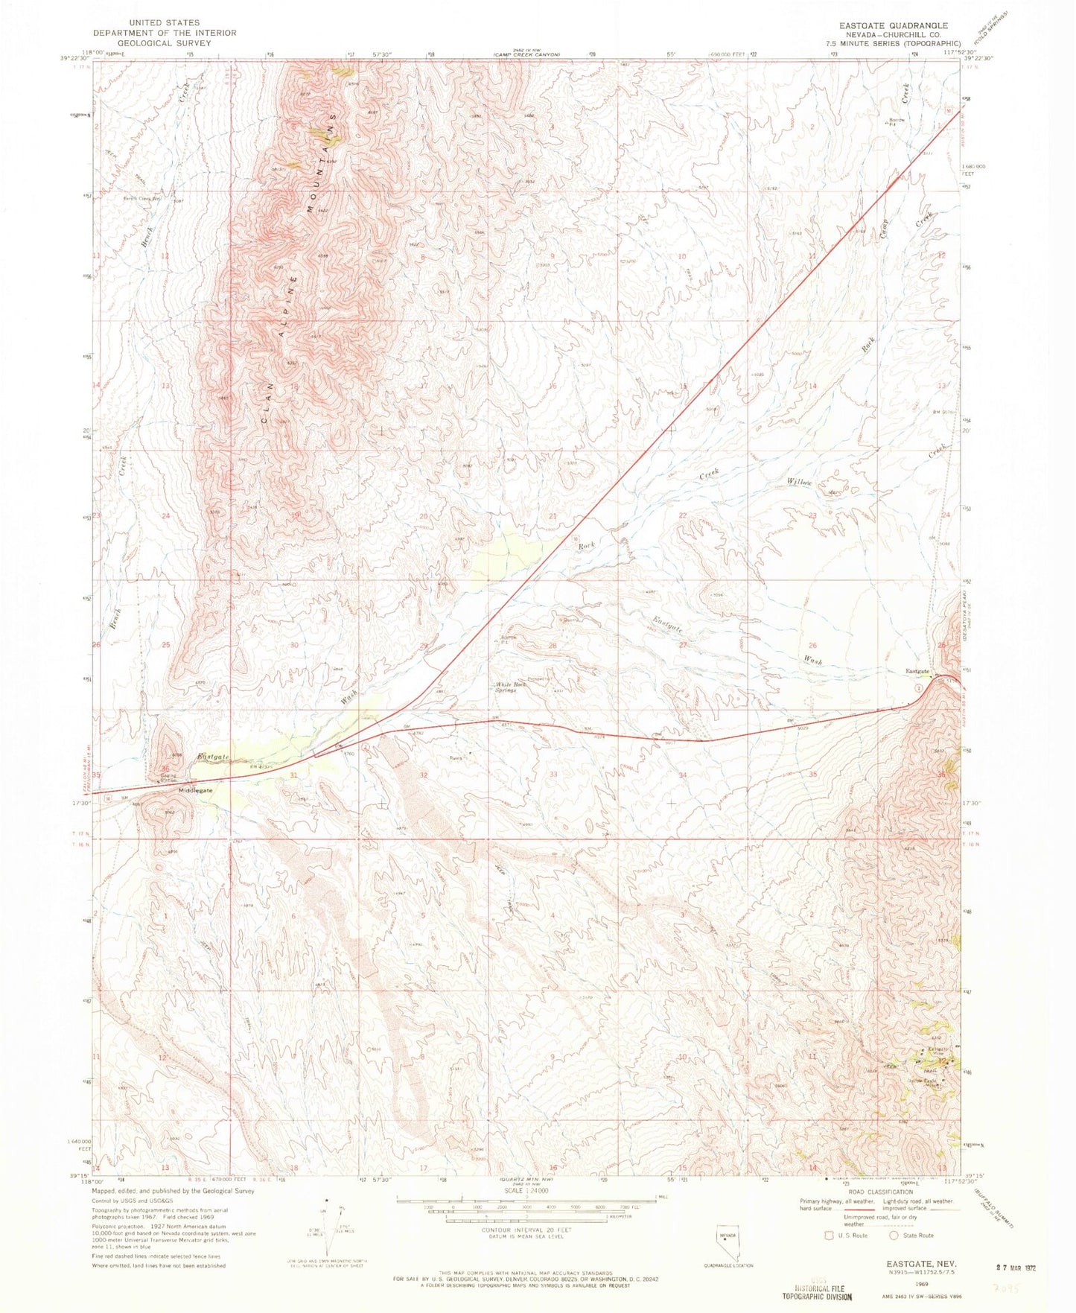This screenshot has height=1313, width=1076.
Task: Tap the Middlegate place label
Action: coord(194,790)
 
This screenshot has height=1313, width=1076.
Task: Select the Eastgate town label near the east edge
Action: coord(917,671)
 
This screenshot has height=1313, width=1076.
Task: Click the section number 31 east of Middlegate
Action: coord(294,775)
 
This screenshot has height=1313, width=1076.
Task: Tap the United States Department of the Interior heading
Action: coord(165,33)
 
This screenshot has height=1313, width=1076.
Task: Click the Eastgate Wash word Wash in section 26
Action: coord(812,660)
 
